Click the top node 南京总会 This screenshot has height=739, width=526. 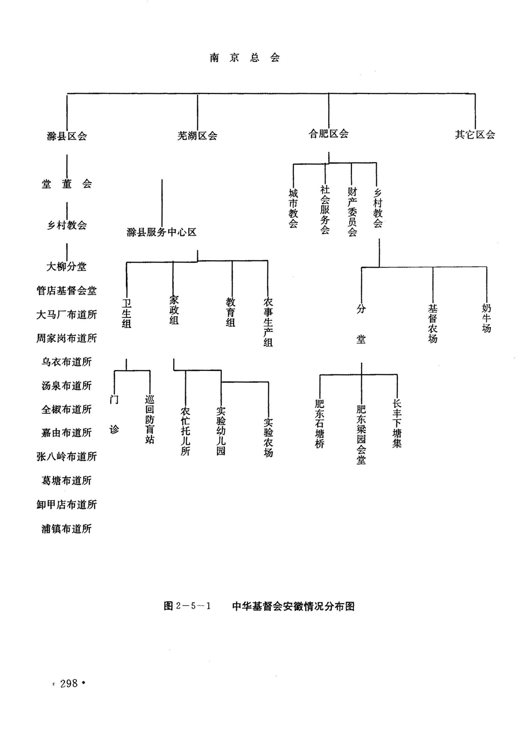(245, 58)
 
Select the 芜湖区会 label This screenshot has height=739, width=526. (197, 136)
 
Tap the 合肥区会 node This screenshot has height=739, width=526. (328, 134)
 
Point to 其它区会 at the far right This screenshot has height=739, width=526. (475, 135)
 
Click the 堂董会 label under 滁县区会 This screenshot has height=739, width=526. (67, 184)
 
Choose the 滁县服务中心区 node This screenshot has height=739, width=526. (162, 232)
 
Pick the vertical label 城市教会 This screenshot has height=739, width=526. (293, 208)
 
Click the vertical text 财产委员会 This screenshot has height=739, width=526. (352, 212)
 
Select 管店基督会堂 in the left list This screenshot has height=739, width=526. (67, 291)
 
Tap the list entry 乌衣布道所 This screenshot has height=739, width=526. (67, 362)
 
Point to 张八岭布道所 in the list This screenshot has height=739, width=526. (67, 457)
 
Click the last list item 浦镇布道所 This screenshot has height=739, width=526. (67, 529)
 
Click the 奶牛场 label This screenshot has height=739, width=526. (486, 318)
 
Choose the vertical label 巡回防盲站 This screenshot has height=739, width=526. (150, 420)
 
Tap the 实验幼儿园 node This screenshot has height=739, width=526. (221, 431)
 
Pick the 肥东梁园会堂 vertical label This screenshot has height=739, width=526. (361, 435)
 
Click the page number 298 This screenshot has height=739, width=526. (69, 683)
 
